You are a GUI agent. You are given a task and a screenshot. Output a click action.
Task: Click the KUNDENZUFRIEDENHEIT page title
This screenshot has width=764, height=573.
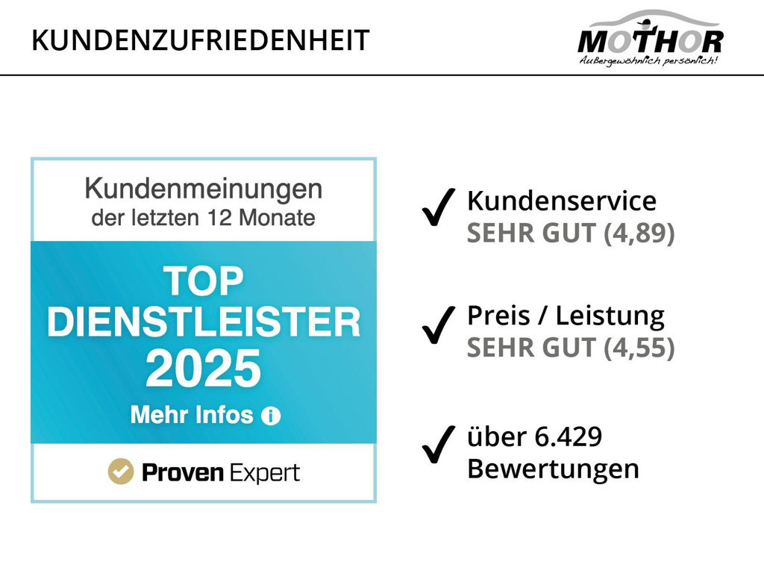tap(200, 40)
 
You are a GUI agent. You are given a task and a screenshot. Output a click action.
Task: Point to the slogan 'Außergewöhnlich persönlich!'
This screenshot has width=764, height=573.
tap(648, 60)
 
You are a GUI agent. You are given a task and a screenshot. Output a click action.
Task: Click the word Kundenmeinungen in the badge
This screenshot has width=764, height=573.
tap(203, 189)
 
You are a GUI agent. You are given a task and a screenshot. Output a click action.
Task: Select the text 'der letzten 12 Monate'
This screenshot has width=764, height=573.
tap(203, 219)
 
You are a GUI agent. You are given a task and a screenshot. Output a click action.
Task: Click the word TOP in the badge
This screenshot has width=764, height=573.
tap(203, 281)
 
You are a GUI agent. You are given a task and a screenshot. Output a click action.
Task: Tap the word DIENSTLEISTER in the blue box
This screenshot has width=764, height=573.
tap(203, 322)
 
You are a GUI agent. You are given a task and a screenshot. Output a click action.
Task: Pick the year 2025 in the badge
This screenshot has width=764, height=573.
tap(203, 368)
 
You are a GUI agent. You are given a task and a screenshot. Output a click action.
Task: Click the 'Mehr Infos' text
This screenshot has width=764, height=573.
tap(192, 415)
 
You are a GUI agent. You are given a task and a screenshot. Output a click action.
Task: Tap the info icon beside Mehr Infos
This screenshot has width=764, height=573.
tap(271, 416)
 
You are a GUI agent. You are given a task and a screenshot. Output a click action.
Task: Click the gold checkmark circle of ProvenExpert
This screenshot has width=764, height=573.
tap(120, 472)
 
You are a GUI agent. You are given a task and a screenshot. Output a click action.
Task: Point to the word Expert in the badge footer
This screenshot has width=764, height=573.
tap(265, 473)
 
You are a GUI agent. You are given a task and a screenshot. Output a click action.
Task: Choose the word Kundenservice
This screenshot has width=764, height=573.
tap(561, 201)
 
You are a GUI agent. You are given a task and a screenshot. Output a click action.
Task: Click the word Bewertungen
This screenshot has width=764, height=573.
tap(553, 469)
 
